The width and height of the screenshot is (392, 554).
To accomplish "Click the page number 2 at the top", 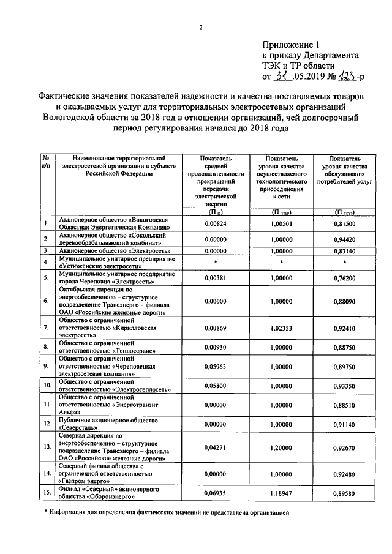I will click(200, 26).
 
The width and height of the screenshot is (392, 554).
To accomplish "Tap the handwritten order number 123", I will click(344, 76).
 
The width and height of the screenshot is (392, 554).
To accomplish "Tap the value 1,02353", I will click(281, 328).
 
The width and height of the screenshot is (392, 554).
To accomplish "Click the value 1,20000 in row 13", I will click(281, 448).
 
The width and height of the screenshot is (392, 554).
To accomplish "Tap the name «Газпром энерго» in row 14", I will click(82, 481).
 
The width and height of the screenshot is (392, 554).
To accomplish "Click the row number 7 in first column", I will click(47, 328).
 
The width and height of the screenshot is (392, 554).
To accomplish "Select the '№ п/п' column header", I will click(46, 162).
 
